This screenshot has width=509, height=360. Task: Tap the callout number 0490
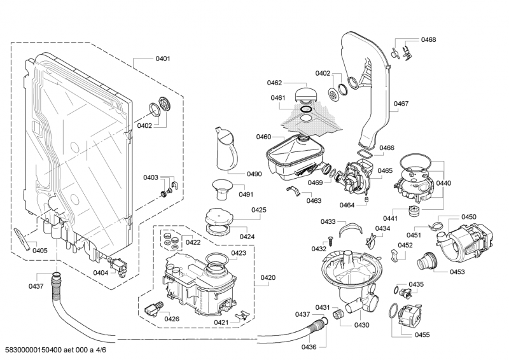(x=236, y=174)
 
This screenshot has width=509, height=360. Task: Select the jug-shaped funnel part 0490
(x=225, y=149)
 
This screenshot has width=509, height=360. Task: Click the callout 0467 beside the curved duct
(x=401, y=104)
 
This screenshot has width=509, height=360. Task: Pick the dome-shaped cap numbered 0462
(x=307, y=92)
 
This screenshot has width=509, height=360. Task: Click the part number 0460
(x=263, y=137)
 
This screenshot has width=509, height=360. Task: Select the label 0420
(x=268, y=277)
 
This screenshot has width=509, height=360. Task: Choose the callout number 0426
(x=171, y=318)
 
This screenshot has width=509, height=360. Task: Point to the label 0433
(x=328, y=222)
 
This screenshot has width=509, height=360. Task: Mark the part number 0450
(x=468, y=216)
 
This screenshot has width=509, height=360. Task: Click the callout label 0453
(x=456, y=272)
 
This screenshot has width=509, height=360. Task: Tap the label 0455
(x=421, y=334)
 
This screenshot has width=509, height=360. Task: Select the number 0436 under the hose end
(x=309, y=347)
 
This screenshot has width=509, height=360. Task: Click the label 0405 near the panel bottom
(x=39, y=250)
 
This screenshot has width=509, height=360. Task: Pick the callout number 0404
(x=101, y=272)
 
